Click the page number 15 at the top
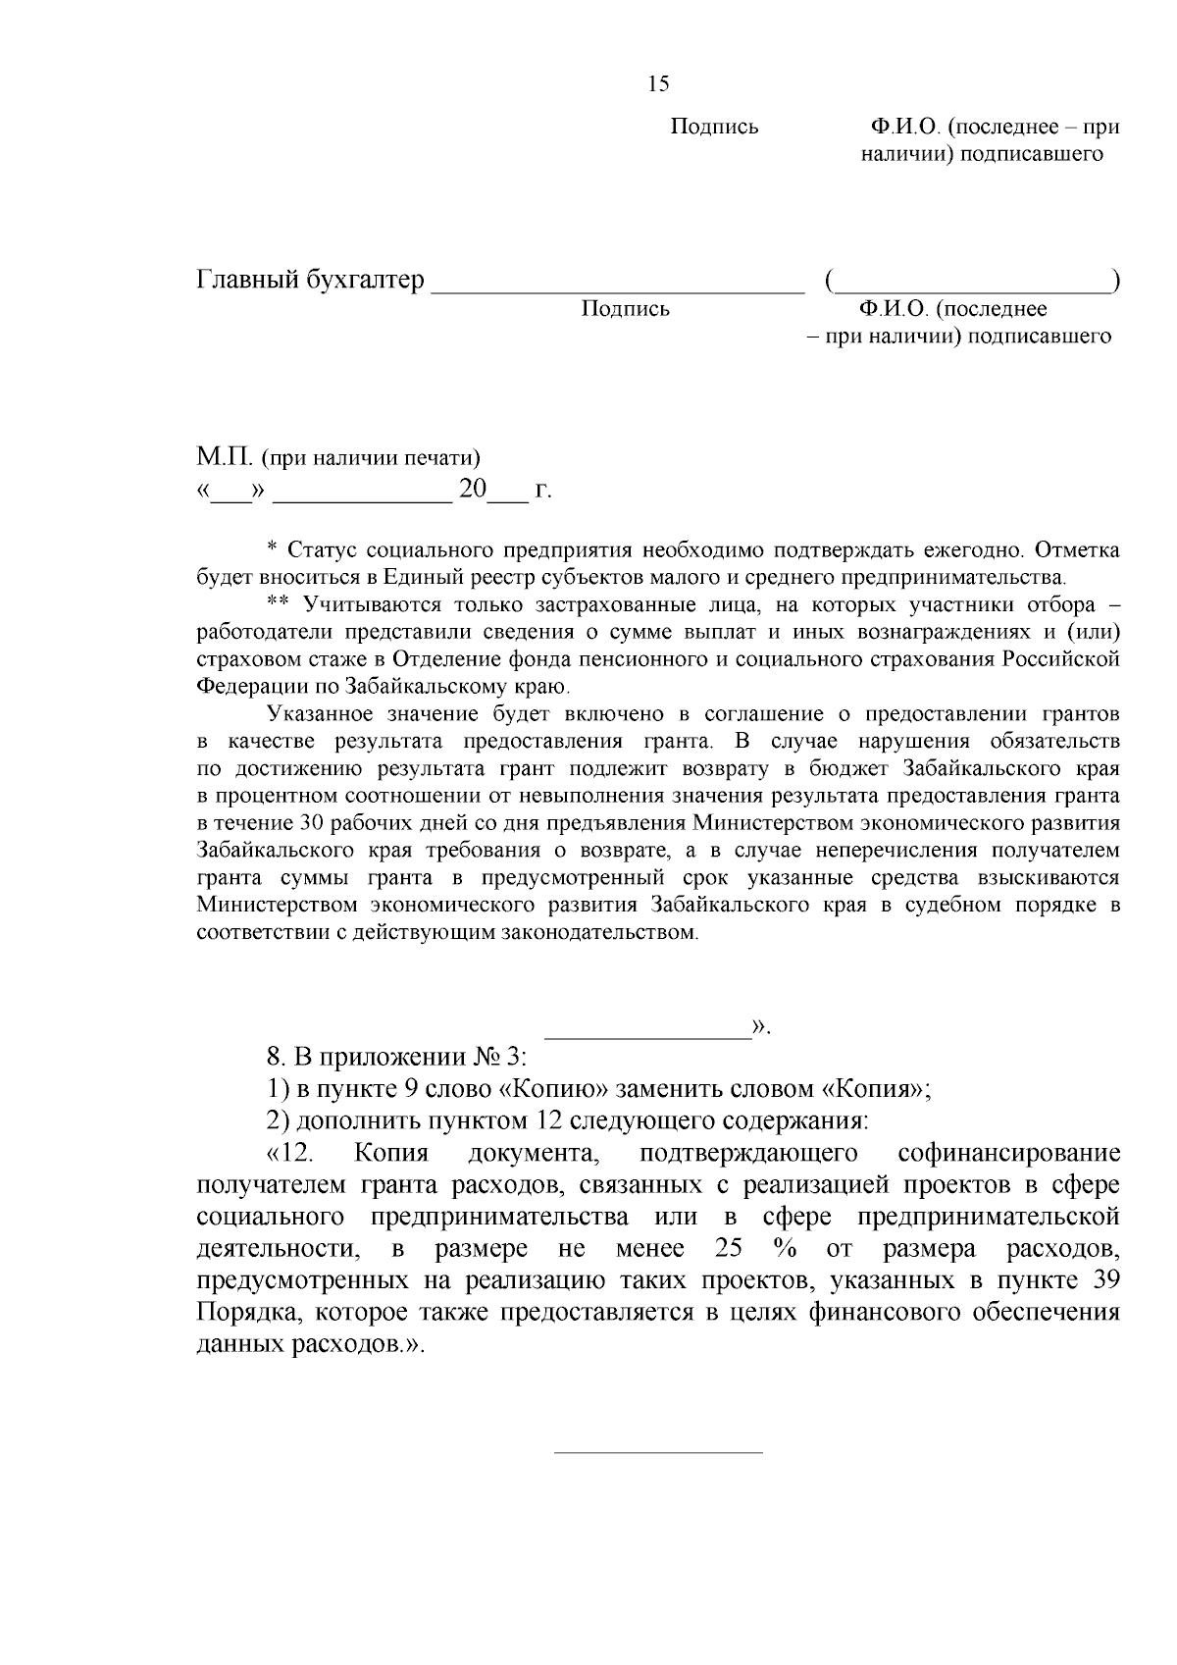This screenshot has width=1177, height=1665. point(658,84)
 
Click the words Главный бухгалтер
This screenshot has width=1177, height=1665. point(311,281)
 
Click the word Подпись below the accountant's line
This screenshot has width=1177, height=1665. point(625,310)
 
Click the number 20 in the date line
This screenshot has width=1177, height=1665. point(473,489)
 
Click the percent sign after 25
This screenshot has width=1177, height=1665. point(783,1249)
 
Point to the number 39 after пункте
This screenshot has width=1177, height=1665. point(1104,1280)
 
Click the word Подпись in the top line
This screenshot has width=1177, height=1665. point(714,128)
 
